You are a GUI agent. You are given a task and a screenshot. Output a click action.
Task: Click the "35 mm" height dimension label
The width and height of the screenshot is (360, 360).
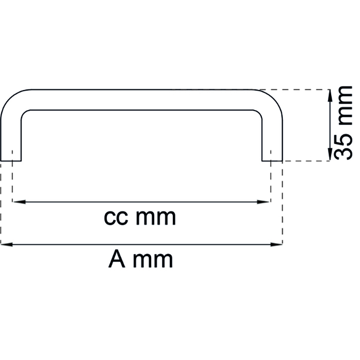343,123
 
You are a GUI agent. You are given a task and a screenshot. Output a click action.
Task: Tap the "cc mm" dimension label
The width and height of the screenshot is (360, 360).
140,217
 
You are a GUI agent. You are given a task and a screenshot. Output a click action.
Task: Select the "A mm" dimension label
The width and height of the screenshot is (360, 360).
140,259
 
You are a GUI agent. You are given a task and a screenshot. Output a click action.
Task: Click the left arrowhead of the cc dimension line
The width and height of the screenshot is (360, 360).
20,202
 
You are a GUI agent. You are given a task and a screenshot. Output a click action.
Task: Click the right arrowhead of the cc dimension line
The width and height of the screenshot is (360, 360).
263,202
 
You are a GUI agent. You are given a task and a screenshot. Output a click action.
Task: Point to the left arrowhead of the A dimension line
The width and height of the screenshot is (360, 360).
7,244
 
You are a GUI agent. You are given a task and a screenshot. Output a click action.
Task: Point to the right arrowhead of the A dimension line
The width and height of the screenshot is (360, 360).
276,244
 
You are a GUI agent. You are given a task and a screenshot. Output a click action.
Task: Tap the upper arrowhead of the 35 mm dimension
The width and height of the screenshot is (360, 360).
330,96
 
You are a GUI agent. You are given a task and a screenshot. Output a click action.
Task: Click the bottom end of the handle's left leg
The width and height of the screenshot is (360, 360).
11,160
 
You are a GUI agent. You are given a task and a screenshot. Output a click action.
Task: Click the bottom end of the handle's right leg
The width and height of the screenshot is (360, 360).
272,160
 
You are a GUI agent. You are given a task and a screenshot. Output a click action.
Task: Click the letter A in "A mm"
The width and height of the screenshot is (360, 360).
117,259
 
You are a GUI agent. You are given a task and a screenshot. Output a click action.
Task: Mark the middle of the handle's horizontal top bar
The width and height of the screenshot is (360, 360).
141,100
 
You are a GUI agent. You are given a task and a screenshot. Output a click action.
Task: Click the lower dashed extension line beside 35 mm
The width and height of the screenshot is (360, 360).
307,161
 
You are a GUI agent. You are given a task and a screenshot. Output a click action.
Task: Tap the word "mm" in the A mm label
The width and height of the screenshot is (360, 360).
153,261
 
